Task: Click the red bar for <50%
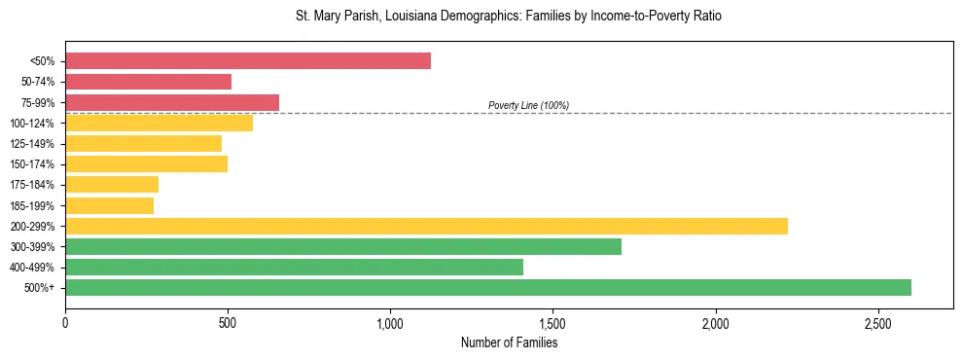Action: (x=248, y=61)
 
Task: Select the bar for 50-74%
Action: (x=148, y=82)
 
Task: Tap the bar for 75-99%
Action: (x=172, y=102)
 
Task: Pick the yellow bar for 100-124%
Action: (x=159, y=123)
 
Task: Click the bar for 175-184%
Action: (x=112, y=184)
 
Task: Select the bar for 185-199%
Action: (x=109, y=205)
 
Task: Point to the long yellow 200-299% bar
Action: (x=426, y=226)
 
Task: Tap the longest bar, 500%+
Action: (x=488, y=287)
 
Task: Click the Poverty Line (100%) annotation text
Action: (x=528, y=105)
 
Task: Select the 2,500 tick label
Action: (x=877, y=322)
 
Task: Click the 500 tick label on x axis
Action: (x=228, y=322)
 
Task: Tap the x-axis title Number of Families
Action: (x=509, y=342)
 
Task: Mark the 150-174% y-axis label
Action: (x=32, y=164)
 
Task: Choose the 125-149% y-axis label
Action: (x=32, y=144)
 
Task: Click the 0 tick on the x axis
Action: (x=65, y=322)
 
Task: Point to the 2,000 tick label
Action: (x=715, y=322)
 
